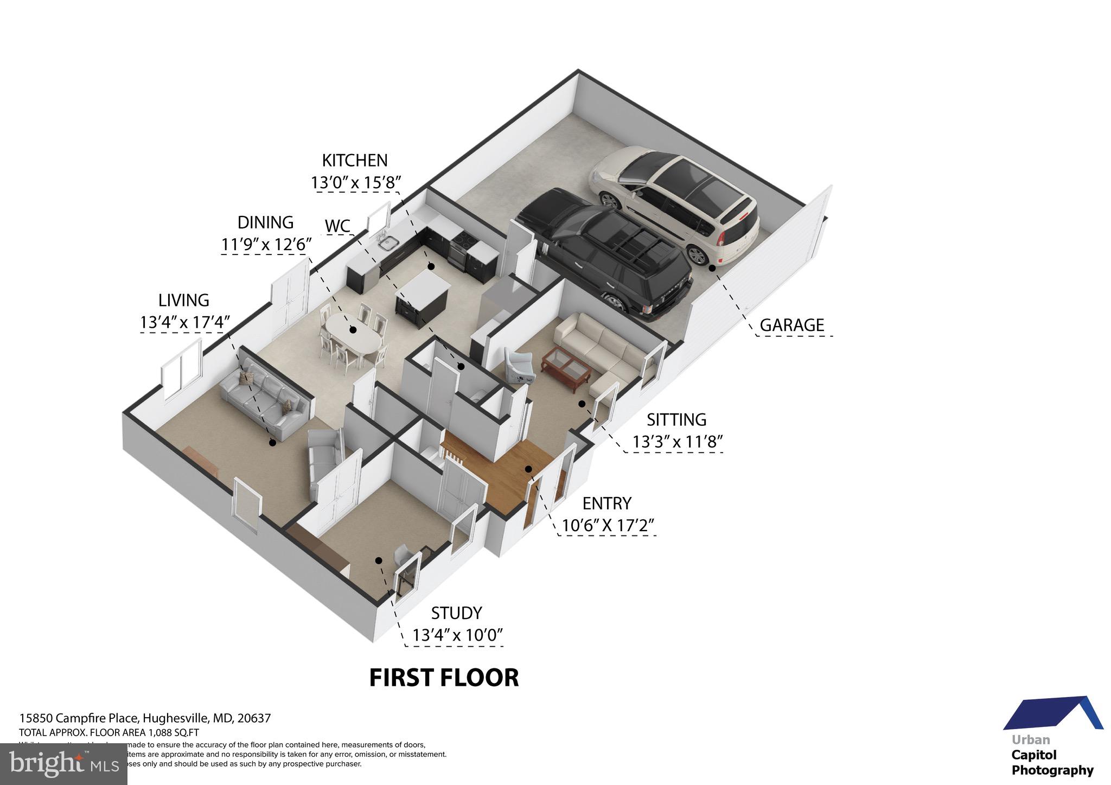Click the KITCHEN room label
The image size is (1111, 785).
coord(355,161)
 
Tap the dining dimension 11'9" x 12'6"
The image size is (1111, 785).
coord(266,245)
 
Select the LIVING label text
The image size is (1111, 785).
coord(183,300)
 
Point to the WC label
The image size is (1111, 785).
coord(337,226)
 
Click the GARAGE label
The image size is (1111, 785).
coord(791,326)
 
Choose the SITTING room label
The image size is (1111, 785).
coord(676,420)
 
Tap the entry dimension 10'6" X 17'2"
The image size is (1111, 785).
coord(608,526)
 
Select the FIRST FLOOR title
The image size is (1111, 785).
coord(444,678)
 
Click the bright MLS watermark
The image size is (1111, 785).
coord(63,764)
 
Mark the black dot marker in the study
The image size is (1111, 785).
coord(379,560)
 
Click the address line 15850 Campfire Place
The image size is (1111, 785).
coord(145,718)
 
